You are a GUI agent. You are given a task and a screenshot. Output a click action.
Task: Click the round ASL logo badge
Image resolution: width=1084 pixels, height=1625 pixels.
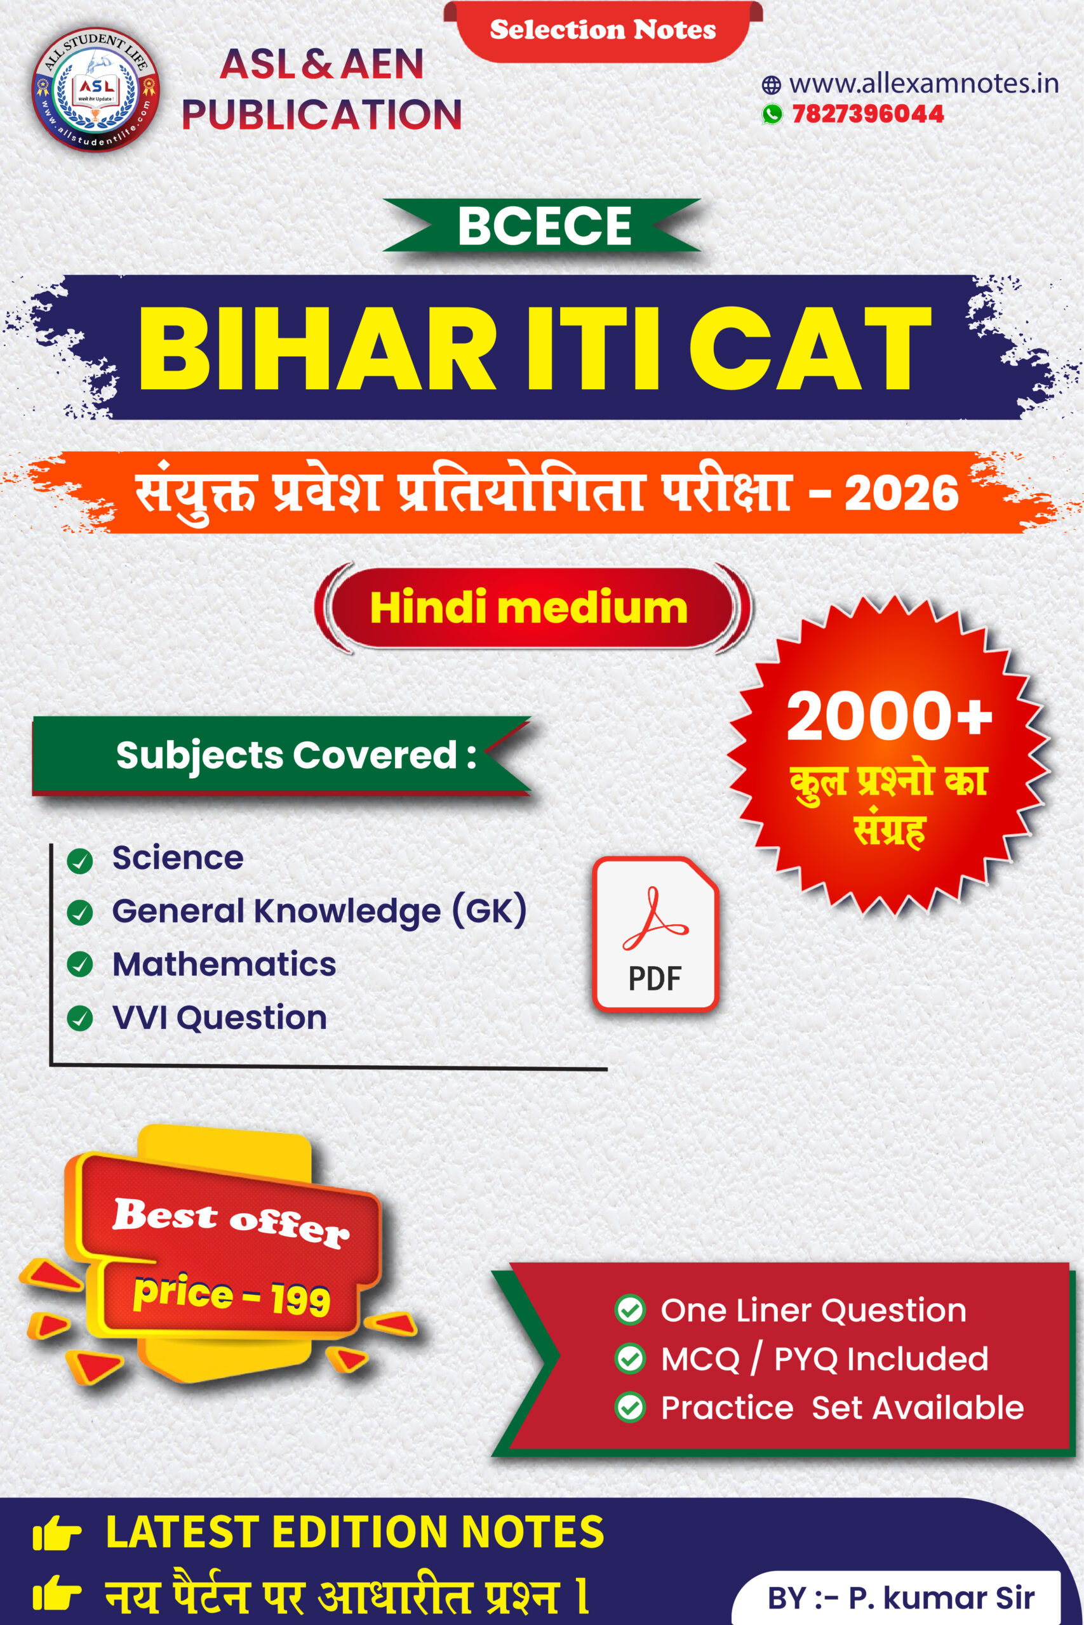tap(96, 88)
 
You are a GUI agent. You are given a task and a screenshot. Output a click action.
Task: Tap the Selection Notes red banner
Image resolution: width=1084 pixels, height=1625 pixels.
tap(603, 31)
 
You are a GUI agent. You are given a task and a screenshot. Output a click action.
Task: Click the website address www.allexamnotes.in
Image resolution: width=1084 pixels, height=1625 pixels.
tap(923, 84)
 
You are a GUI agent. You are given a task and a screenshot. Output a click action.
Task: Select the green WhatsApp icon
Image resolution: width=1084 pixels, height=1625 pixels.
tap(772, 114)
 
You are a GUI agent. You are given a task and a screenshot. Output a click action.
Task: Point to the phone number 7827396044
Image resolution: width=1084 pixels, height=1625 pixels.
tap(867, 114)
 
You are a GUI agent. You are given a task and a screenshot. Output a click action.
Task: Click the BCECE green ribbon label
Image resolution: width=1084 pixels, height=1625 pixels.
tap(544, 225)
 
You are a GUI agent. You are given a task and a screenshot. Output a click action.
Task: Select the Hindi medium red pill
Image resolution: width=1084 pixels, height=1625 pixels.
tap(530, 607)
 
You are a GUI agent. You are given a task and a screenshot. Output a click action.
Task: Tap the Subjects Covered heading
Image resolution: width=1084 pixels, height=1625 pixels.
tap(296, 755)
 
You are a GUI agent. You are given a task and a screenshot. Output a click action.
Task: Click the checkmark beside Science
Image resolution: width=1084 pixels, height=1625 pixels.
tap(80, 861)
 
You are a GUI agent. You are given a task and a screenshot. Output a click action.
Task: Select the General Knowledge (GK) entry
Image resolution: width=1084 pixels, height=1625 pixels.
tap(319, 912)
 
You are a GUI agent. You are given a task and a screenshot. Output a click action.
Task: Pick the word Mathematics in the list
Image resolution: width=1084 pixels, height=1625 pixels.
tap(224, 964)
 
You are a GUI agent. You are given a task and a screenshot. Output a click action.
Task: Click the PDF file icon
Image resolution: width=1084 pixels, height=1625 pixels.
tap(655, 934)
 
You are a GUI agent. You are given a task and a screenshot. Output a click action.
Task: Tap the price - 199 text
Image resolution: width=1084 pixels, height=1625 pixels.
tap(232, 1295)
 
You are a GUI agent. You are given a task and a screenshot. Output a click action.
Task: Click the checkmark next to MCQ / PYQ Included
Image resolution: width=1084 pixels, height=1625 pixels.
tap(630, 1358)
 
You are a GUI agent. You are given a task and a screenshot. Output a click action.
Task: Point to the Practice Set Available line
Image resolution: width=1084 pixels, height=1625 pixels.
tap(842, 1407)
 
